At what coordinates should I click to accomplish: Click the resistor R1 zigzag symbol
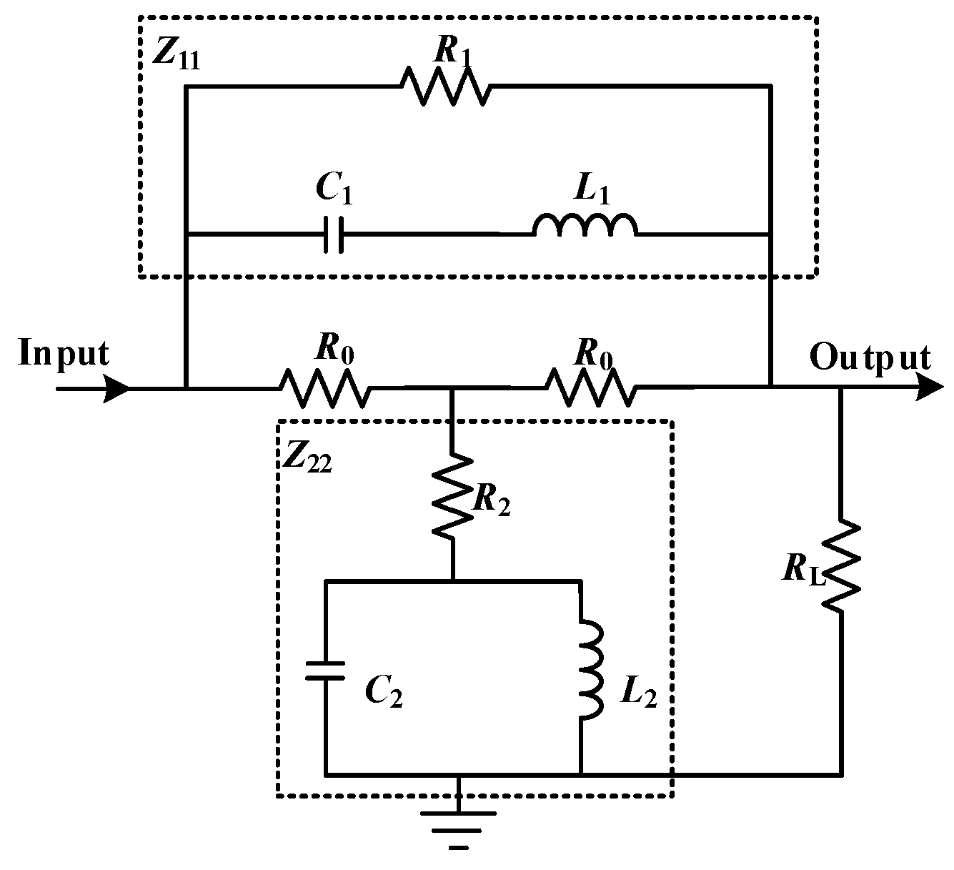click(x=446, y=86)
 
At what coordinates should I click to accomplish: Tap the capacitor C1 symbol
click(x=333, y=234)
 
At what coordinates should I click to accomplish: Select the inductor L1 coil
click(x=585, y=225)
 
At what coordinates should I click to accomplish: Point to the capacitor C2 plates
click(x=326, y=671)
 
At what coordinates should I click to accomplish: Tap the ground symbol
click(x=458, y=822)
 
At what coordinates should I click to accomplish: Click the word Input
click(x=64, y=354)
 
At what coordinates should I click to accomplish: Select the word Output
click(x=870, y=357)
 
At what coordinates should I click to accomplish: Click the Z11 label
click(x=177, y=55)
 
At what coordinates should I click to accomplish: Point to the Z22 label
click(x=307, y=457)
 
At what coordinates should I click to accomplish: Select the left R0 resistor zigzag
click(x=324, y=388)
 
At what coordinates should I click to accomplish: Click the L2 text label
click(x=638, y=694)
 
